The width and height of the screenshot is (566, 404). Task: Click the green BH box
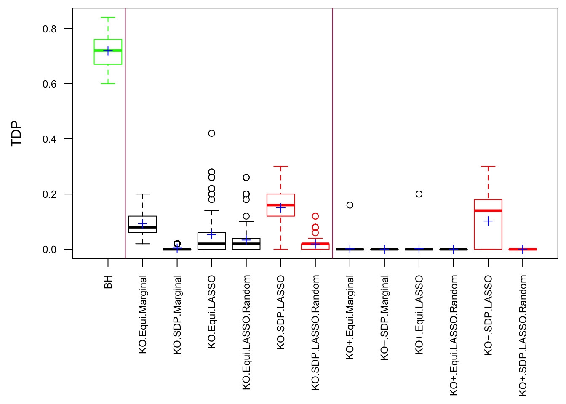click(x=108, y=52)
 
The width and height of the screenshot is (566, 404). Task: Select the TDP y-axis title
click(x=16, y=133)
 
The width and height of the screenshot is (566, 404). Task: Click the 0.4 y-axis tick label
click(x=49, y=139)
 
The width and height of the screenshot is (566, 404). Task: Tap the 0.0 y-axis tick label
click(x=49, y=250)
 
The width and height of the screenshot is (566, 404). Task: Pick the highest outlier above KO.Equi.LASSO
click(x=212, y=133)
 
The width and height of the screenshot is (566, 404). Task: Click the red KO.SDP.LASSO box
click(x=281, y=205)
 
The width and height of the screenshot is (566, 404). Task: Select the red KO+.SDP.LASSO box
click(x=488, y=224)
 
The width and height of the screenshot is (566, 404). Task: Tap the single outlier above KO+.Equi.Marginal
click(x=350, y=205)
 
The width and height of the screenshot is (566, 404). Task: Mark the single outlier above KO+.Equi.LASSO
click(x=419, y=194)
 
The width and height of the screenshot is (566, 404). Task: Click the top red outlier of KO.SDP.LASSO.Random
click(x=315, y=216)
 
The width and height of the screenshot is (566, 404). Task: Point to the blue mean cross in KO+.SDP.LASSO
click(x=488, y=221)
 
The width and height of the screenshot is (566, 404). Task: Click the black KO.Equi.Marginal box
click(x=143, y=224)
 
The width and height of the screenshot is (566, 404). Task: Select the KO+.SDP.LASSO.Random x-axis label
click(x=523, y=335)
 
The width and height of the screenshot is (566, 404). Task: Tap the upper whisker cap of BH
click(x=108, y=18)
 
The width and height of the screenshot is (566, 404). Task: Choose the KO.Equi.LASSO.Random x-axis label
click(x=246, y=332)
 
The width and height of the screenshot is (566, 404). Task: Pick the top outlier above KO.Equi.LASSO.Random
click(x=246, y=178)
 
